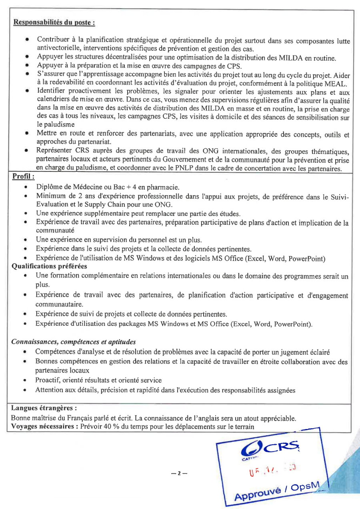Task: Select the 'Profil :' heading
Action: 23,176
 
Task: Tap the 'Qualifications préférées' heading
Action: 49,266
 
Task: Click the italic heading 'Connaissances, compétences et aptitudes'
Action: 74,342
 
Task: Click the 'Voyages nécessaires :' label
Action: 44,426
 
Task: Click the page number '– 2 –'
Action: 176,473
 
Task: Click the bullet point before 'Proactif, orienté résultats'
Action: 25,380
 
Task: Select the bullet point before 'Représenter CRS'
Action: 26,151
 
